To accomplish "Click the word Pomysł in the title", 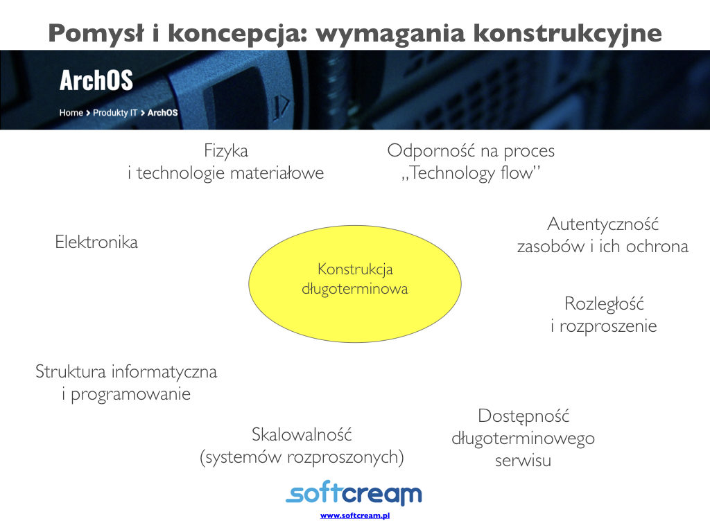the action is (97, 34).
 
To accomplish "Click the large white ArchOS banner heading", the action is (96, 80).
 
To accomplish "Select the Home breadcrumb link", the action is (71, 113).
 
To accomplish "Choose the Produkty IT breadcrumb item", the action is (115, 113).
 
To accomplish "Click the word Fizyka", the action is (226, 150).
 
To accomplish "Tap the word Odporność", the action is (431, 150).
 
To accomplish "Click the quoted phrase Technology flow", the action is (471, 172).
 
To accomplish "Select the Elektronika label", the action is (96, 242).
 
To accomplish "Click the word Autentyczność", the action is (603, 224).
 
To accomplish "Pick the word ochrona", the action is (657, 247).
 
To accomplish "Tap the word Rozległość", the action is (604, 304).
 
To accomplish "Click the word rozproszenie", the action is (608, 326).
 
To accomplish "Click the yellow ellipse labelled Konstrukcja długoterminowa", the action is (355, 284).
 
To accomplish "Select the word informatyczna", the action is (164, 372).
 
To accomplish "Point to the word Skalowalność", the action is (302, 435).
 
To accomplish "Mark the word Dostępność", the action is (523, 416).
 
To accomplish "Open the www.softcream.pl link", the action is (355, 515).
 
